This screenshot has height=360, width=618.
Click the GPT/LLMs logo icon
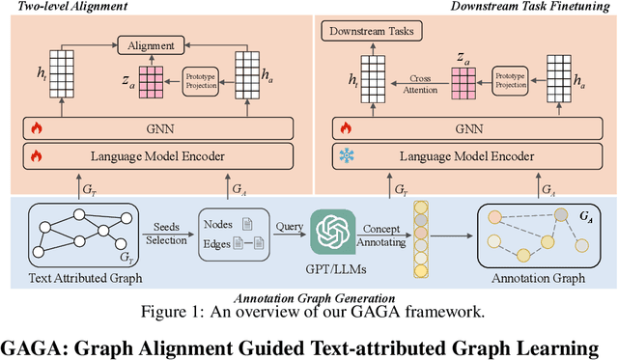pyautogui.click(x=328, y=230)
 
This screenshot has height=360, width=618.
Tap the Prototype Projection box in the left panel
pyautogui.click(x=203, y=81)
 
